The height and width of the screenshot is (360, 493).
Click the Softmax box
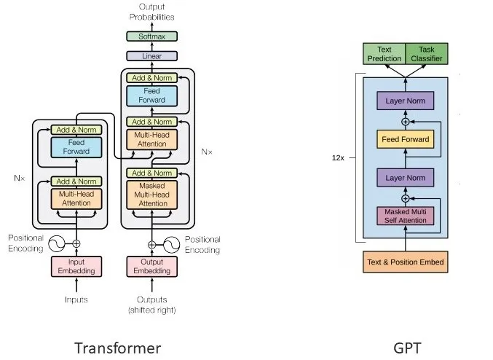[152, 36]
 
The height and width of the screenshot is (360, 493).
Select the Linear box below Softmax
[152, 55]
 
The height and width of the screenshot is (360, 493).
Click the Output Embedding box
[152, 267]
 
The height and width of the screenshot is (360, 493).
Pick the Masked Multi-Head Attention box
[152, 195]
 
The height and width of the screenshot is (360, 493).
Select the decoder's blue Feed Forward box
[152, 95]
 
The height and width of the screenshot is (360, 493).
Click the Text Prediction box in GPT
[384, 54]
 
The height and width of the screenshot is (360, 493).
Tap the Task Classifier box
[426, 54]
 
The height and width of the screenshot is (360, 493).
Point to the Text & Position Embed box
[405, 262]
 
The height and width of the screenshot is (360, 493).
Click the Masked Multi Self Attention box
[405, 216]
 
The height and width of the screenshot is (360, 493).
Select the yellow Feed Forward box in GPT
[405, 139]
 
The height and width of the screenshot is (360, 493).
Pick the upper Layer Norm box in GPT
[405, 101]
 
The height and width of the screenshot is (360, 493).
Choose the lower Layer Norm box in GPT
[405, 177]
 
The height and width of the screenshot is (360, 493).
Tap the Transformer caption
[117, 347]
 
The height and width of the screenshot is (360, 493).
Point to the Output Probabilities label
[152, 12]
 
